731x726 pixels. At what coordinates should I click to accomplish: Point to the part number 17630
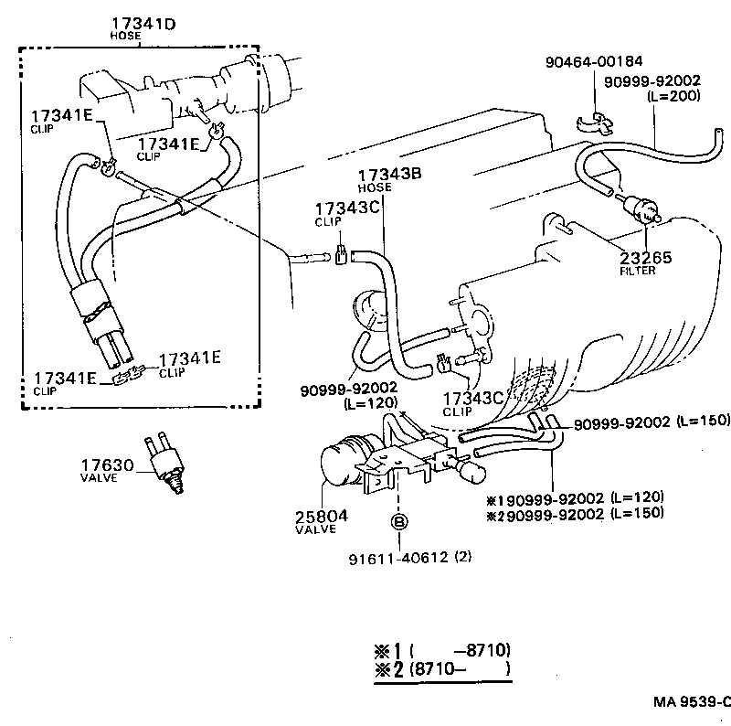pyautogui.click(x=108, y=464)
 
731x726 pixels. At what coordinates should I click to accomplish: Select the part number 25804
pyautogui.click(x=321, y=517)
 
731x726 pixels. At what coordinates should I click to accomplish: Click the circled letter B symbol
pyautogui.click(x=399, y=523)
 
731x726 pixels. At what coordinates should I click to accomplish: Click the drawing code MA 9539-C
pyautogui.click(x=692, y=702)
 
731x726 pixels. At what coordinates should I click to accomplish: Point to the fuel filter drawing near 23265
pyautogui.click(x=638, y=207)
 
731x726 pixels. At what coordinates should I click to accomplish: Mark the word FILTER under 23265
pyautogui.click(x=637, y=271)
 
